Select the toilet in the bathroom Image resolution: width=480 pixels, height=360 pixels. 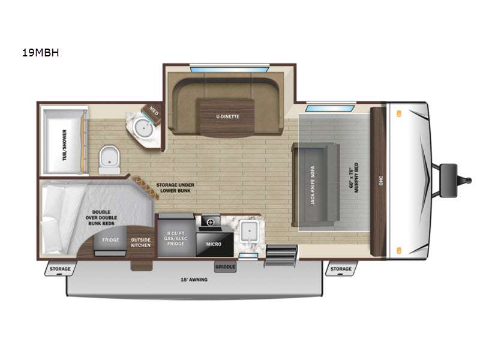click(x=109, y=158)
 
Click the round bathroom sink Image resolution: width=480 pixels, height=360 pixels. click(x=143, y=127)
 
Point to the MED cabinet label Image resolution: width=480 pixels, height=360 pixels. click(x=154, y=110)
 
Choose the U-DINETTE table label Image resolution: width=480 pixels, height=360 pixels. click(x=227, y=117)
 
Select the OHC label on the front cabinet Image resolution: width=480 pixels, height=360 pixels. click(x=379, y=179)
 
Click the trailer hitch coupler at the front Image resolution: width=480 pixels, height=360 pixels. click(x=451, y=179)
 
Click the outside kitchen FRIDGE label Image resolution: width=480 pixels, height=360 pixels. click(x=110, y=240)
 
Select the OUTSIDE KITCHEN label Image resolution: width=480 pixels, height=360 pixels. click(x=141, y=242)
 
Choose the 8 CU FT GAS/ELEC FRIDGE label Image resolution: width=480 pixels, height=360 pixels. click(x=175, y=238)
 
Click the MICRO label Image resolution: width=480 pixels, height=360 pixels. click(x=213, y=244)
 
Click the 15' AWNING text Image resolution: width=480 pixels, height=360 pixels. click(x=194, y=280)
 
